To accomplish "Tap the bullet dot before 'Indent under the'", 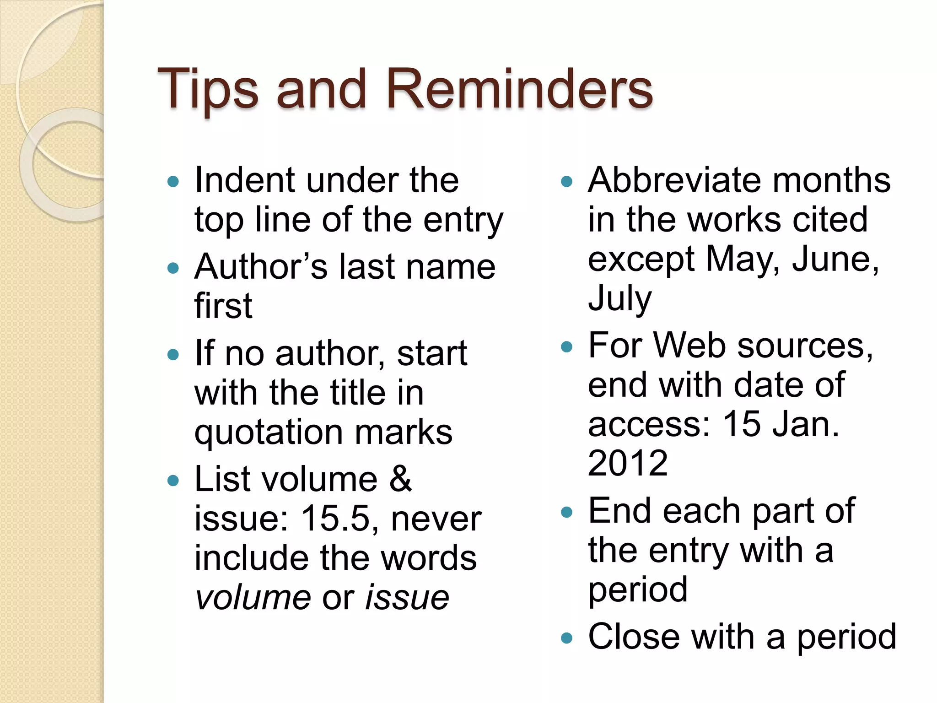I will (x=173, y=182).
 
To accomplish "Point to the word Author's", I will (x=261, y=267).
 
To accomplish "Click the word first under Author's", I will (x=223, y=306).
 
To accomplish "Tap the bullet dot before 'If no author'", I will (x=173, y=355).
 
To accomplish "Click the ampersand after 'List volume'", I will (x=401, y=479).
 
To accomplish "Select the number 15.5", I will (x=335, y=519).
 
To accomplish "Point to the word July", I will (x=619, y=298).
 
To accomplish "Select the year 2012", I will (x=628, y=463).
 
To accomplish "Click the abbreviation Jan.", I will (x=805, y=424).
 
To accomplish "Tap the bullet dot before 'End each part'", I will (x=566, y=512).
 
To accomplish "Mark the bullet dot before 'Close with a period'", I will (x=566, y=638).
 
